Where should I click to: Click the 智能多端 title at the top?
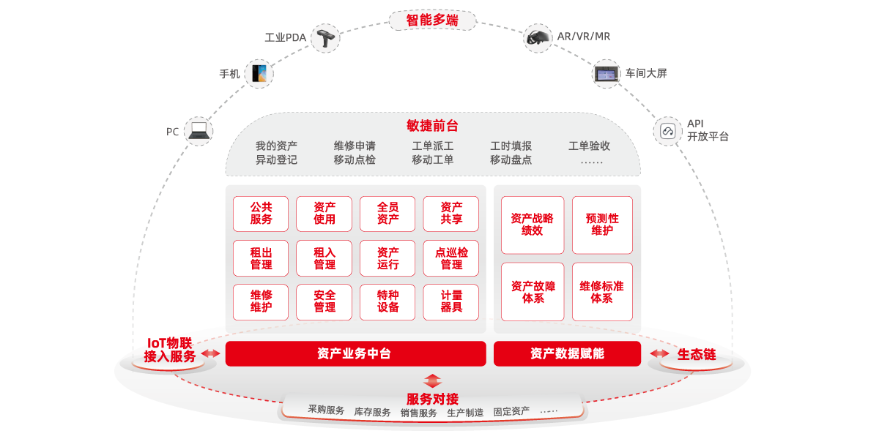tap(432, 20)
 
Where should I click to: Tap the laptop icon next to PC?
tap(199, 131)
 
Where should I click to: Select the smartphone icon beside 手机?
tap(259, 73)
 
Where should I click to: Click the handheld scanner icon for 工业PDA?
tap(324, 38)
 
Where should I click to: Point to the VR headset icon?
tap(538, 37)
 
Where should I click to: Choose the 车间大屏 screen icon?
tap(607, 73)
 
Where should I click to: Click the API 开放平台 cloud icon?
tap(667, 131)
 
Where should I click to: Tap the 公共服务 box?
tap(261, 214)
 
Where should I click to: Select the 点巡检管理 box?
tap(451, 258)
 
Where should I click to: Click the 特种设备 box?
tap(388, 301)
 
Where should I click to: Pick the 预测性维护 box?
tap(602, 225)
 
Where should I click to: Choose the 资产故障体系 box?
tap(533, 292)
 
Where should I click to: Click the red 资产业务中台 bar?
tap(355, 353)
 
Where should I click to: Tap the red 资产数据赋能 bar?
tap(567, 353)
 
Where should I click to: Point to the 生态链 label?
tap(696, 354)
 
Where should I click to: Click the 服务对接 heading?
tap(432, 399)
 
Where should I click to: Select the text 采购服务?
tap(326, 410)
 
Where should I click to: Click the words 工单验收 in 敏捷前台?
tap(589, 146)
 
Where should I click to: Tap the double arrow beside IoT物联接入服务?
tap(211, 353)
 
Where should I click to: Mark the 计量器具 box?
tap(451, 301)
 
